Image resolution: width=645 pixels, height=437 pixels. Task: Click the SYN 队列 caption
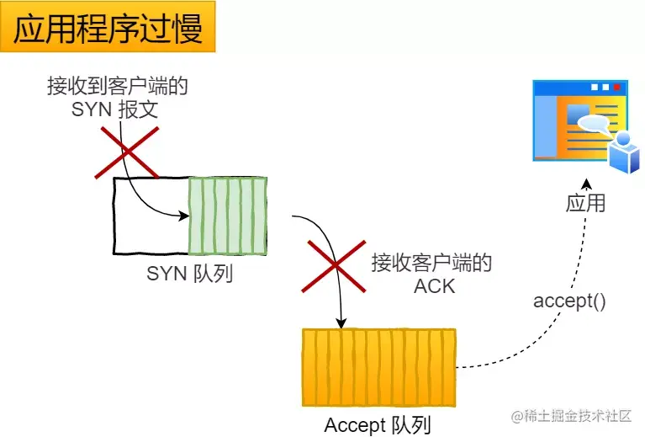tap(190, 274)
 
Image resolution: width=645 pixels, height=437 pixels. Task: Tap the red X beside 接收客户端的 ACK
tap(333, 264)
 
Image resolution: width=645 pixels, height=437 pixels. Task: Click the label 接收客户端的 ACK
tap(432, 274)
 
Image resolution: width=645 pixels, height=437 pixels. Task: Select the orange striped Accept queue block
tap(378, 367)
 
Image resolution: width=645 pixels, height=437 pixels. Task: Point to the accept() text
tap(569, 301)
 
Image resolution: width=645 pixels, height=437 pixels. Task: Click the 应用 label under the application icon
tap(585, 203)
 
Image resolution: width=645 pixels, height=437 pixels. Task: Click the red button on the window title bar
tap(617, 87)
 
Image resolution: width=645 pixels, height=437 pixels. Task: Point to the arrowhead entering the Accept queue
tap(341, 322)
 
